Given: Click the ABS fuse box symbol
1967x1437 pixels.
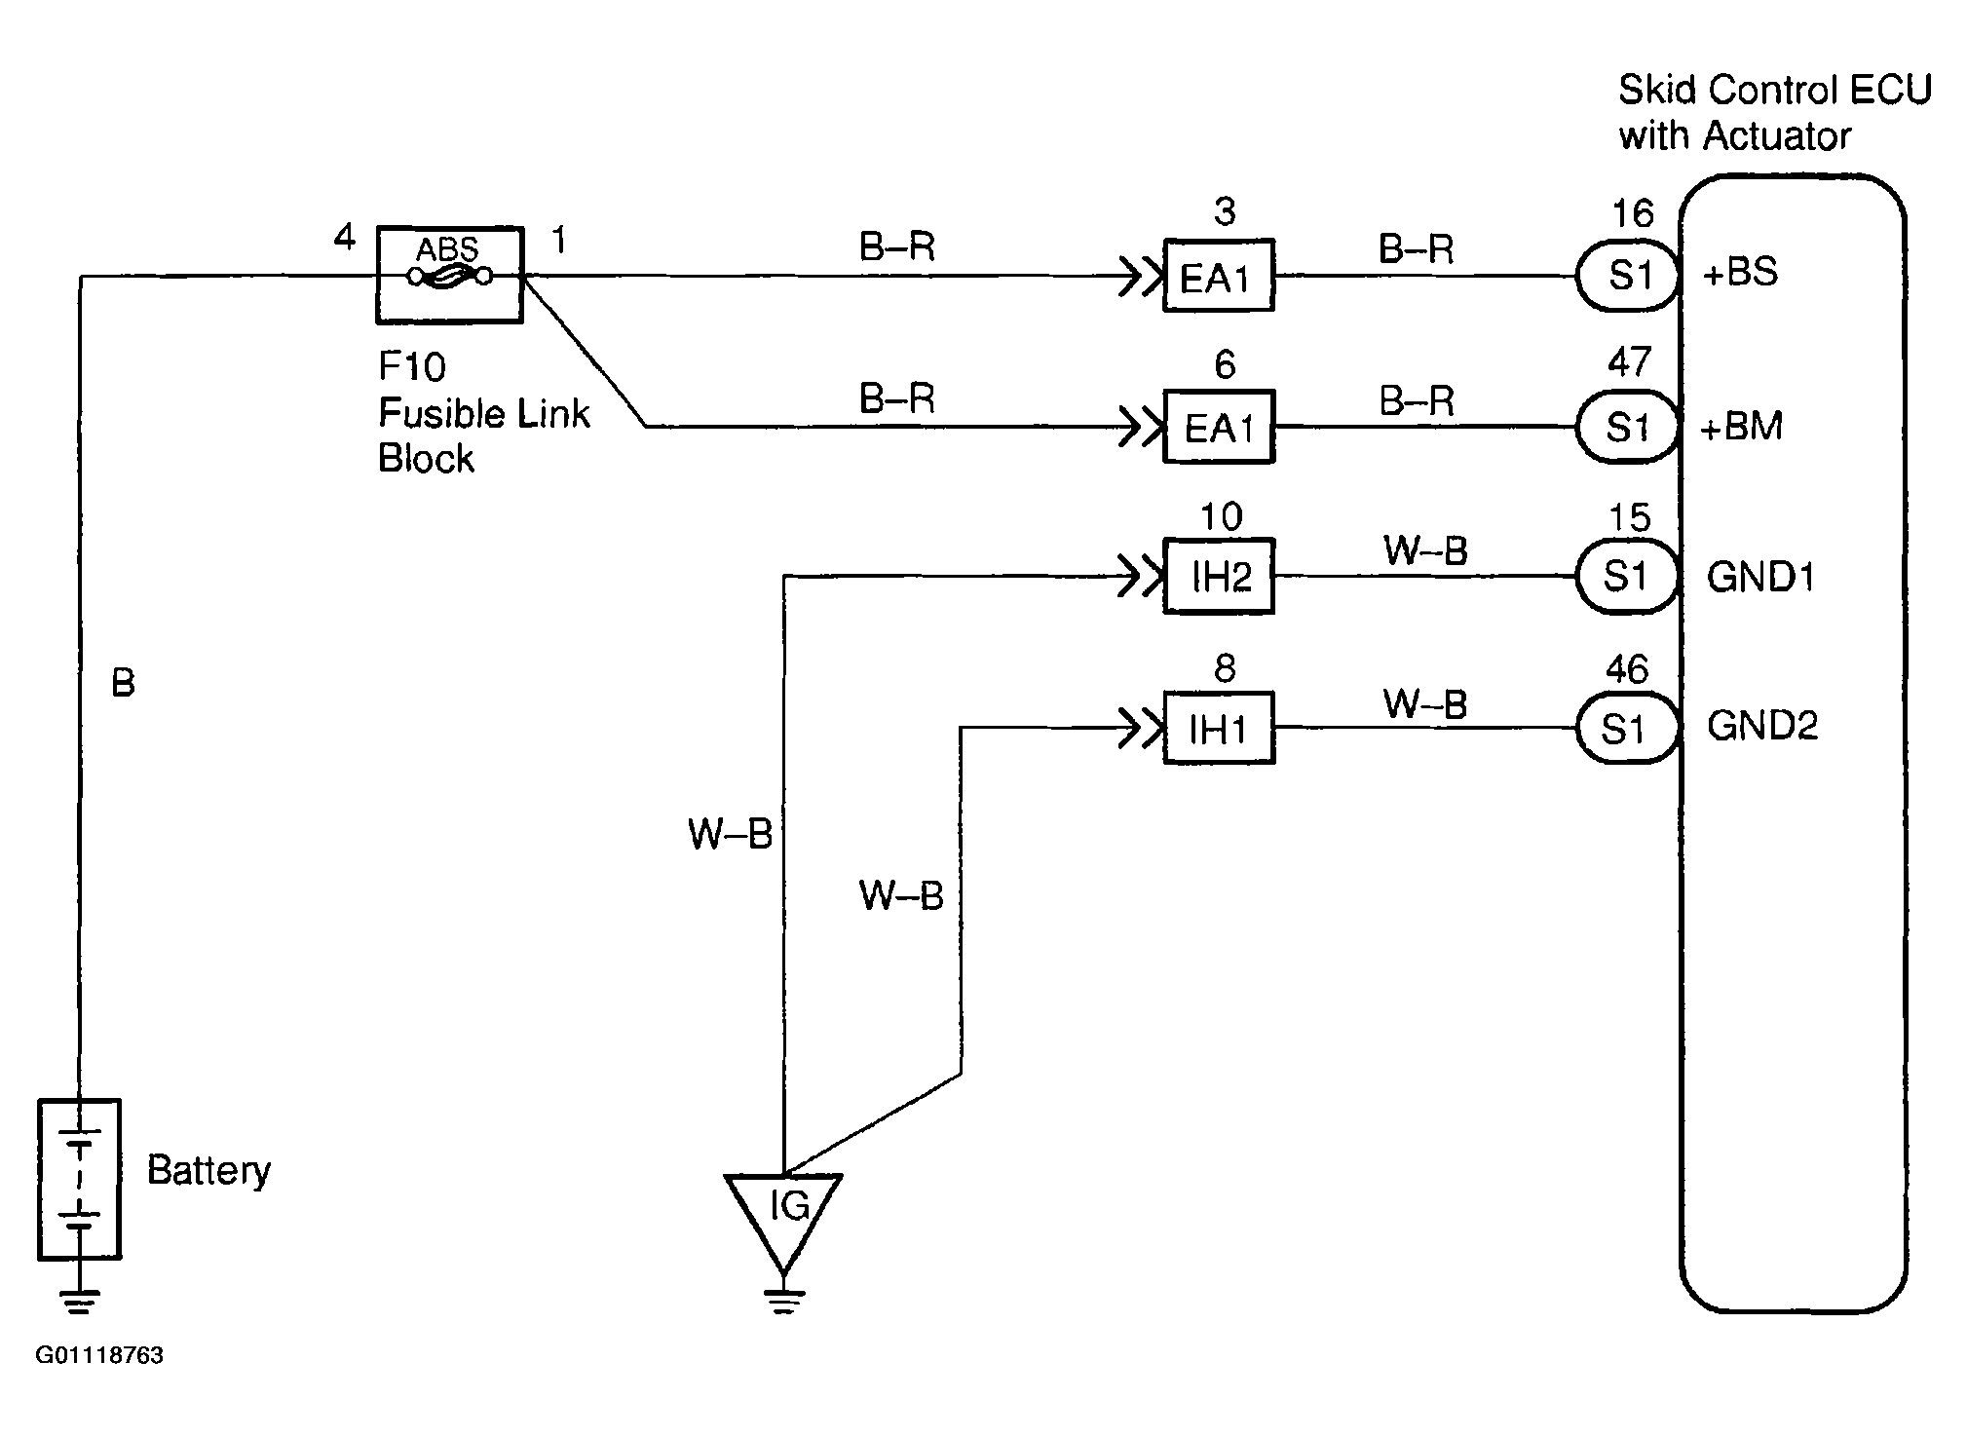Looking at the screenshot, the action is (x=449, y=276).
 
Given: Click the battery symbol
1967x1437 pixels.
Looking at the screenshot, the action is (x=79, y=1179).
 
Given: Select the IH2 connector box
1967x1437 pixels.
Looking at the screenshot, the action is (x=1219, y=577).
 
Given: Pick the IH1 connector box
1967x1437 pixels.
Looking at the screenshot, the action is (x=1219, y=728).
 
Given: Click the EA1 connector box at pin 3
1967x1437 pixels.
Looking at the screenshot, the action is (x=1219, y=276).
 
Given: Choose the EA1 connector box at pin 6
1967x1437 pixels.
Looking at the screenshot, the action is (x=1219, y=427).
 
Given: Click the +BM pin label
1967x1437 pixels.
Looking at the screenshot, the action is (x=1742, y=427).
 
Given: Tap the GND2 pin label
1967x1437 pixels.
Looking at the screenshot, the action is (x=1762, y=727).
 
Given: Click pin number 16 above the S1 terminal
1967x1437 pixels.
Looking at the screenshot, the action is (x=1633, y=213).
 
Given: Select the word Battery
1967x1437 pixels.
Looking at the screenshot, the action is (x=208, y=1171).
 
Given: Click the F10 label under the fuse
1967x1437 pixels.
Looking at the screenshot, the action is (x=412, y=367).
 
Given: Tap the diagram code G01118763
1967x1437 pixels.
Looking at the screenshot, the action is (x=99, y=1355).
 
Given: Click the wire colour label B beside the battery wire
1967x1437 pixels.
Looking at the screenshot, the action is (x=123, y=683).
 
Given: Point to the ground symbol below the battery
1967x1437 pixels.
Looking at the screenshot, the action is (x=79, y=1301).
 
